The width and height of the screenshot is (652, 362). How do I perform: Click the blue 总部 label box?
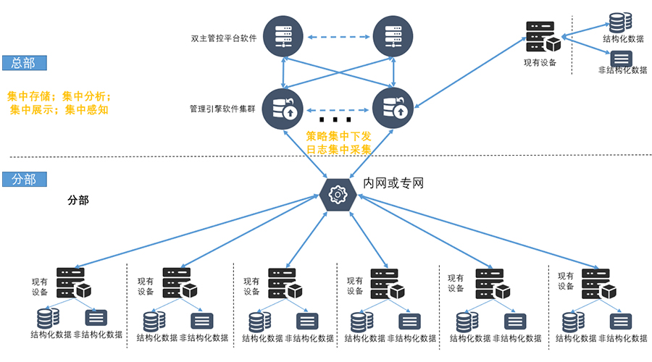(24, 63)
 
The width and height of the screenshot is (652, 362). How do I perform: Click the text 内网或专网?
(393, 183)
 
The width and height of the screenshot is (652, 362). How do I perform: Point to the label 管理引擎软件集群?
(222, 109)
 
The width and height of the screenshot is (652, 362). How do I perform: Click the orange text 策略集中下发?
(338, 135)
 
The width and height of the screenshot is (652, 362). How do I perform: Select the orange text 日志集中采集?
(338, 150)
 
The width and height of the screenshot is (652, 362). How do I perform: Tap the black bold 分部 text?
(78, 201)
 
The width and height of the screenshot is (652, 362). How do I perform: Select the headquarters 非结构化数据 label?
(622, 70)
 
